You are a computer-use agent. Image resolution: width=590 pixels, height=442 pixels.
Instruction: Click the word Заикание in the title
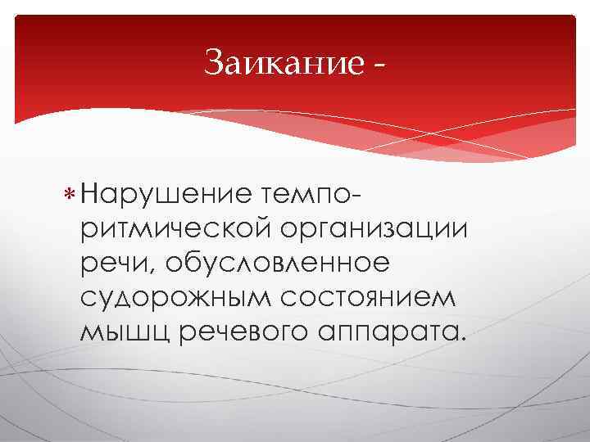[281, 61]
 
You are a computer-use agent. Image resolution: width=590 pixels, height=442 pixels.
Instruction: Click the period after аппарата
[459, 340]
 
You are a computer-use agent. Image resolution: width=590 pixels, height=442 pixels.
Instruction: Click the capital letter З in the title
[214, 61]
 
